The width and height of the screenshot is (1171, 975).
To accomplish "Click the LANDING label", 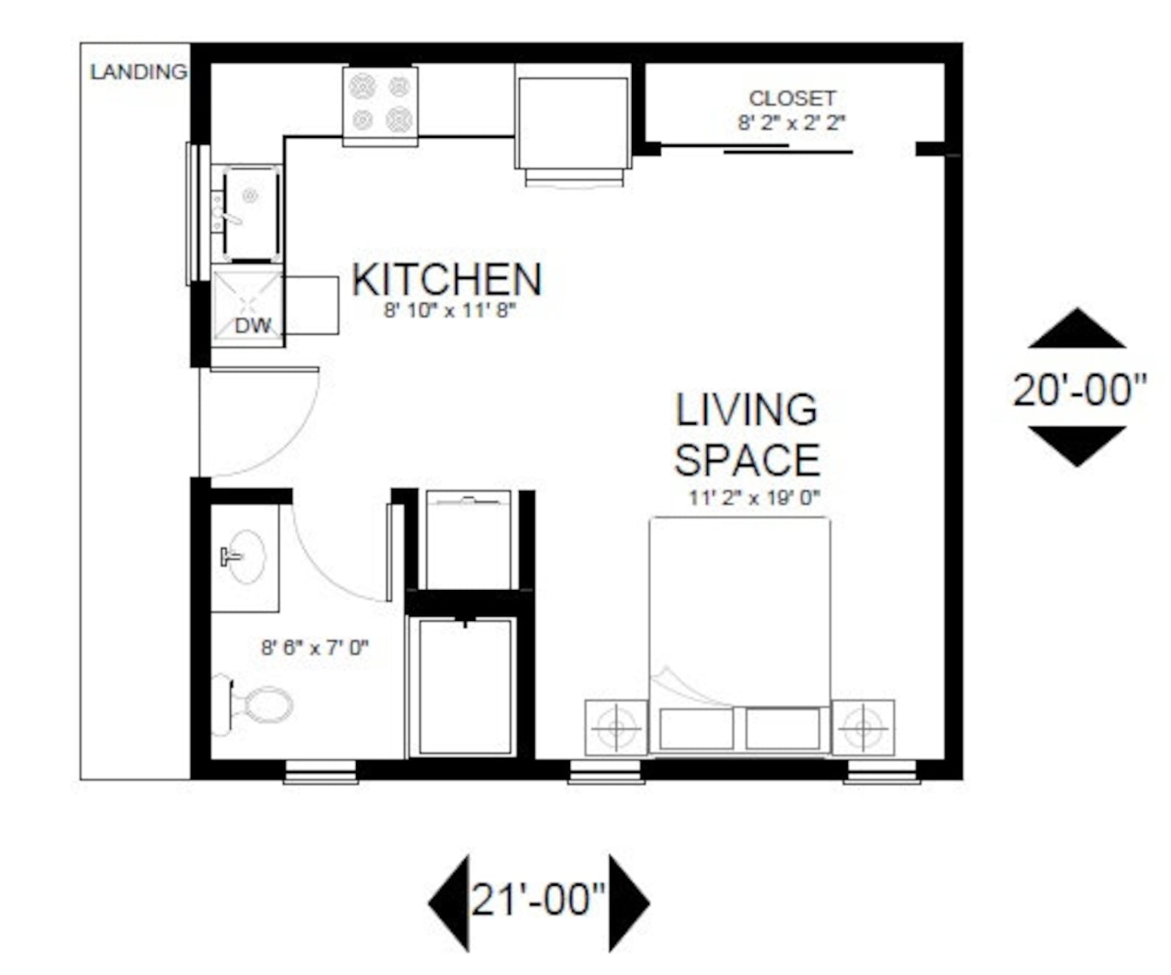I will pyautogui.click(x=138, y=72).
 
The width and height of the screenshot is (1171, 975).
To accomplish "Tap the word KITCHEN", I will pyautogui.click(x=447, y=280).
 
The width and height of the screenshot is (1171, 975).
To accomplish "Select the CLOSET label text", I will pyautogui.click(x=792, y=98).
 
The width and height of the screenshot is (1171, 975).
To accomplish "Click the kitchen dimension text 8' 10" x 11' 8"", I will pyautogui.click(x=448, y=310).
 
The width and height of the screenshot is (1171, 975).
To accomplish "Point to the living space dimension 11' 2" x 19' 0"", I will pyautogui.click(x=754, y=498).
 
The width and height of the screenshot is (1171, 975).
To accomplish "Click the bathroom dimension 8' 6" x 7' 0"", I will pyautogui.click(x=315, y=648).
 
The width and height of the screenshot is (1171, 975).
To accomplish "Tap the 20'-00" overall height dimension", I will pyautogui.click(x=1080, y=389).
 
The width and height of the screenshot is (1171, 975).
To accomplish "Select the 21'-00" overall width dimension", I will pyautogui.click(x=538, y=900).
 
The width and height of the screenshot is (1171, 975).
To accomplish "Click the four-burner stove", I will pyautogui.click(x=381, y=103).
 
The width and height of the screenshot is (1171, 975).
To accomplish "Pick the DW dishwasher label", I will pyautogui.click(x=252, y=325).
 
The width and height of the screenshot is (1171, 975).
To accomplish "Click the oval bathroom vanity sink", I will pyautogui.click(x=245, y=557).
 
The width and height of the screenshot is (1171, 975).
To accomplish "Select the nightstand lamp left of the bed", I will pyautogui.click(x=616, y=728).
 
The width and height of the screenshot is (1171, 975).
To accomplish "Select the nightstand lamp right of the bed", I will pyautogui.click(x=864, y=728).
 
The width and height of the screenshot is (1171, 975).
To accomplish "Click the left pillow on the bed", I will pyautogui.click(x=696, y=729).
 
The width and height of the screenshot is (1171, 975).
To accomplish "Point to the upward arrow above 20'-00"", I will pyautogui.click(x=1077, y=330).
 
